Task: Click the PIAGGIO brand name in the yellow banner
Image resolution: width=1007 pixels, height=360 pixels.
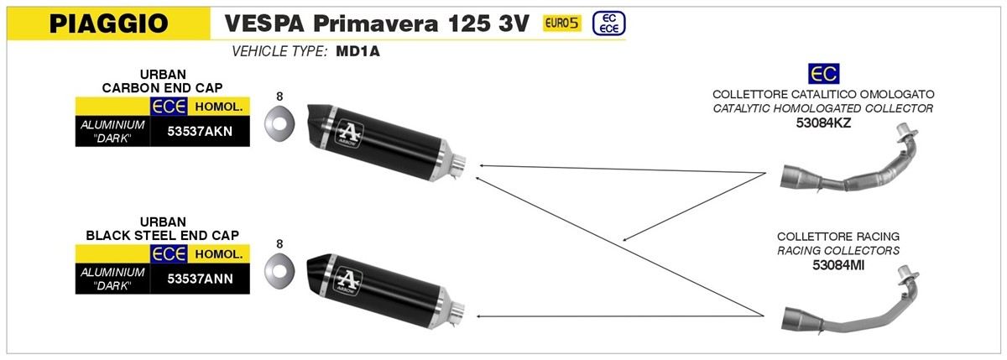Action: [109, 23]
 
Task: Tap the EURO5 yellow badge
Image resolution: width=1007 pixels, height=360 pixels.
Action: [562, 23]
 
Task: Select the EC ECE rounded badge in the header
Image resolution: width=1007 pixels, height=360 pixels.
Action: [608, 23]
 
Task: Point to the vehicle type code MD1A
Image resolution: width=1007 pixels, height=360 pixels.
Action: [357, 52]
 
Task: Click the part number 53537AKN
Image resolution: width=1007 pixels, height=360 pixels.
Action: [200, 131]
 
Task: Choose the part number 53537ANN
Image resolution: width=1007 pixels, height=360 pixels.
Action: [200, 279]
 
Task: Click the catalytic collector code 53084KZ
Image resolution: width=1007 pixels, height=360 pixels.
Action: [823, 123]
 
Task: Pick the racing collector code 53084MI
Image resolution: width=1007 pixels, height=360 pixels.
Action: [838, 265]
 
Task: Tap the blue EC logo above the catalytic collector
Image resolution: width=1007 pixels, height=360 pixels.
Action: [823, 74]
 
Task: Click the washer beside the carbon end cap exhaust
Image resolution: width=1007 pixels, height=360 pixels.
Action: [279, 124]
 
